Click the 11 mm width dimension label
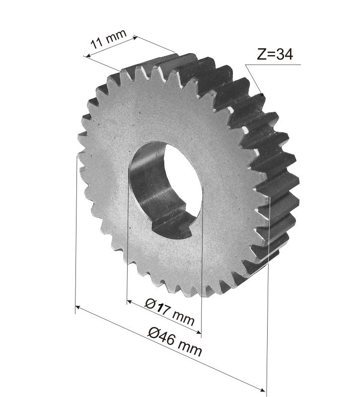click(109, 39)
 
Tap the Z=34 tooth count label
click(275, 54)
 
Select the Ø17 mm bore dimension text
click(170, 312)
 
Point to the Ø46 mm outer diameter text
click(175, 342)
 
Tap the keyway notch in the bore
click(171, 226)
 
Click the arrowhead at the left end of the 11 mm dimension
click(88, 56)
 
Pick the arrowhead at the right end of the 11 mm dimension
click(136, 38)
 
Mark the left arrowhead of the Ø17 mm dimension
click(129, 302)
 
